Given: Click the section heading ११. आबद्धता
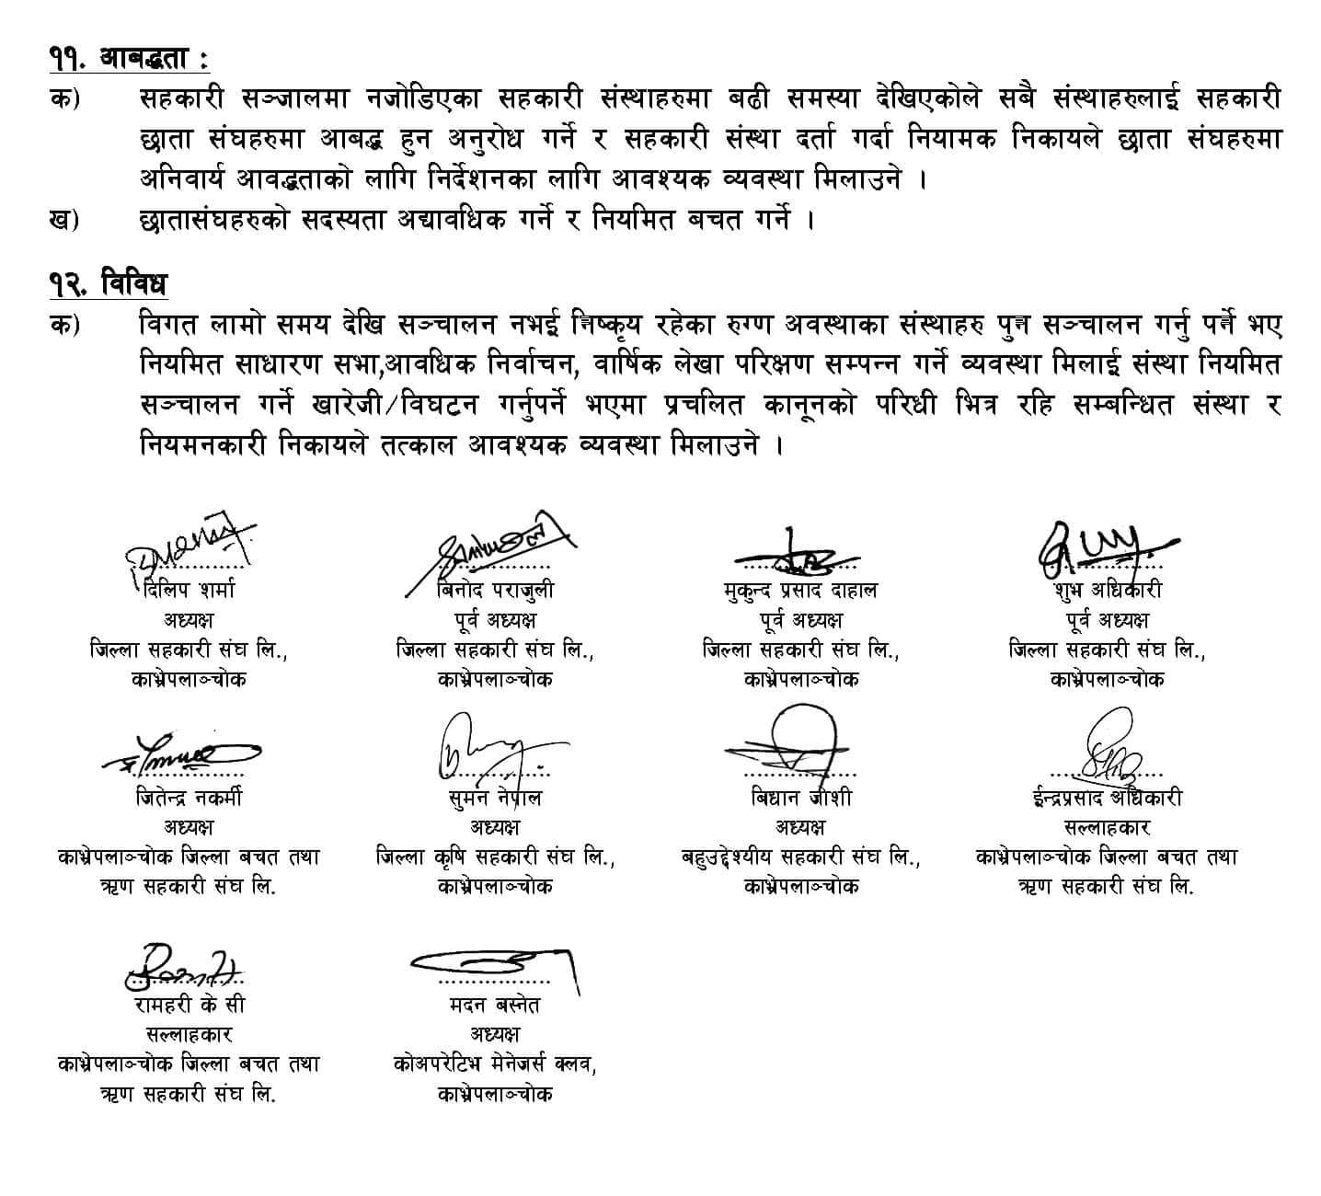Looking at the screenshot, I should click(x=129, y=60).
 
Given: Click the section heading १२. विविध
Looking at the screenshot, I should click(x=109, y=283).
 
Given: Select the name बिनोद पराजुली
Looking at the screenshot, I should click(x=495, y=590).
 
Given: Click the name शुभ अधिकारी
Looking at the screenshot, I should click(x=1108, y=590).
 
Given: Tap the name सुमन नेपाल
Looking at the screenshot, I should click(x=495, y=798).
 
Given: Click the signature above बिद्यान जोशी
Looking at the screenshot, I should click(x=798, y=745).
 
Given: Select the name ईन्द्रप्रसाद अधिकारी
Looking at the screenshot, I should click(x=1107, y=798).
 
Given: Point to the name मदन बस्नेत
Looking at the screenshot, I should click(x=495, y=1006).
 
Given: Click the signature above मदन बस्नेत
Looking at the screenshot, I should click(x=497, y=963).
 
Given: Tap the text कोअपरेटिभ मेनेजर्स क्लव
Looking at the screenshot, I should click(x=495, y=1064).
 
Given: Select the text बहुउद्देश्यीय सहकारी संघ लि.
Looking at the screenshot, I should click(x=800, y=857).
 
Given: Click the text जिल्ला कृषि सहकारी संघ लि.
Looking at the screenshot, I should click(x=495, y=857).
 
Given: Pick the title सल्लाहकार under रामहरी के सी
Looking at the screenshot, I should click(x=189, y=1035).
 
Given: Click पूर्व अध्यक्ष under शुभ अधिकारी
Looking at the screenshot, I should click(x=1108, y=620).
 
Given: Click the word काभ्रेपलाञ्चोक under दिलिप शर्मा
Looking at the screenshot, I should click(x=189, y=680).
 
